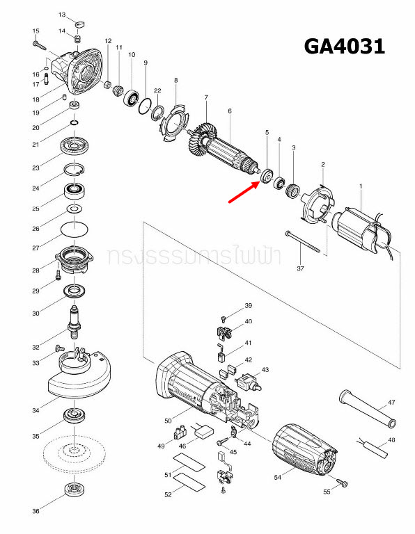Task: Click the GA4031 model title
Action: pos(344,47)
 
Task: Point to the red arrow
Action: pos(243,192)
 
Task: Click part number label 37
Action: pos(300,268)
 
